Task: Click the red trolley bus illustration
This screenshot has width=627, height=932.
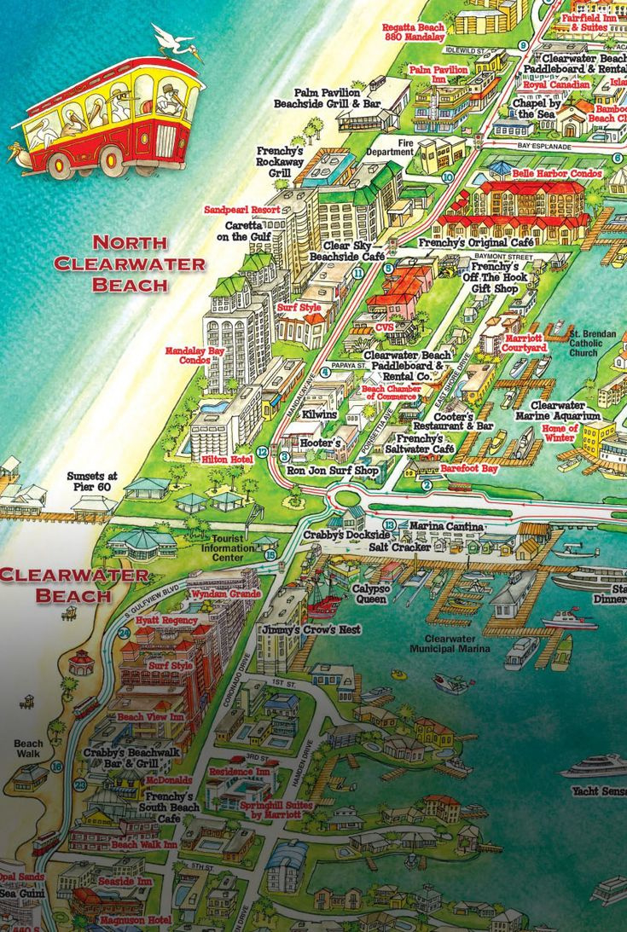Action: tap(107, 115)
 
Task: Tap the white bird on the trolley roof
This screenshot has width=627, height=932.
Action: tap(176, 43)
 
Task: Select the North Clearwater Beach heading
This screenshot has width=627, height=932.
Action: tap(130, 263)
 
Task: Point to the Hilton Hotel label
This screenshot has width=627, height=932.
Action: tap(227, 459)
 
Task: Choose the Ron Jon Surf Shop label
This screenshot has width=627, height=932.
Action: tap(333, 470)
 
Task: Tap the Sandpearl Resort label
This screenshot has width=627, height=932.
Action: tap(241, 209)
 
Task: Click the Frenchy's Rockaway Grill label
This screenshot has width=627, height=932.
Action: tap(280, 161)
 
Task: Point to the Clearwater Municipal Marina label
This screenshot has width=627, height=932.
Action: tap(450, 643)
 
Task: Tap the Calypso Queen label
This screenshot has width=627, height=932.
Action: tap(372, 593)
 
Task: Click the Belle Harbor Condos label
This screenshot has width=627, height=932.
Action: tap(557, 173)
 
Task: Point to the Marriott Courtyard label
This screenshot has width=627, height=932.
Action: tap(524, 343)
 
